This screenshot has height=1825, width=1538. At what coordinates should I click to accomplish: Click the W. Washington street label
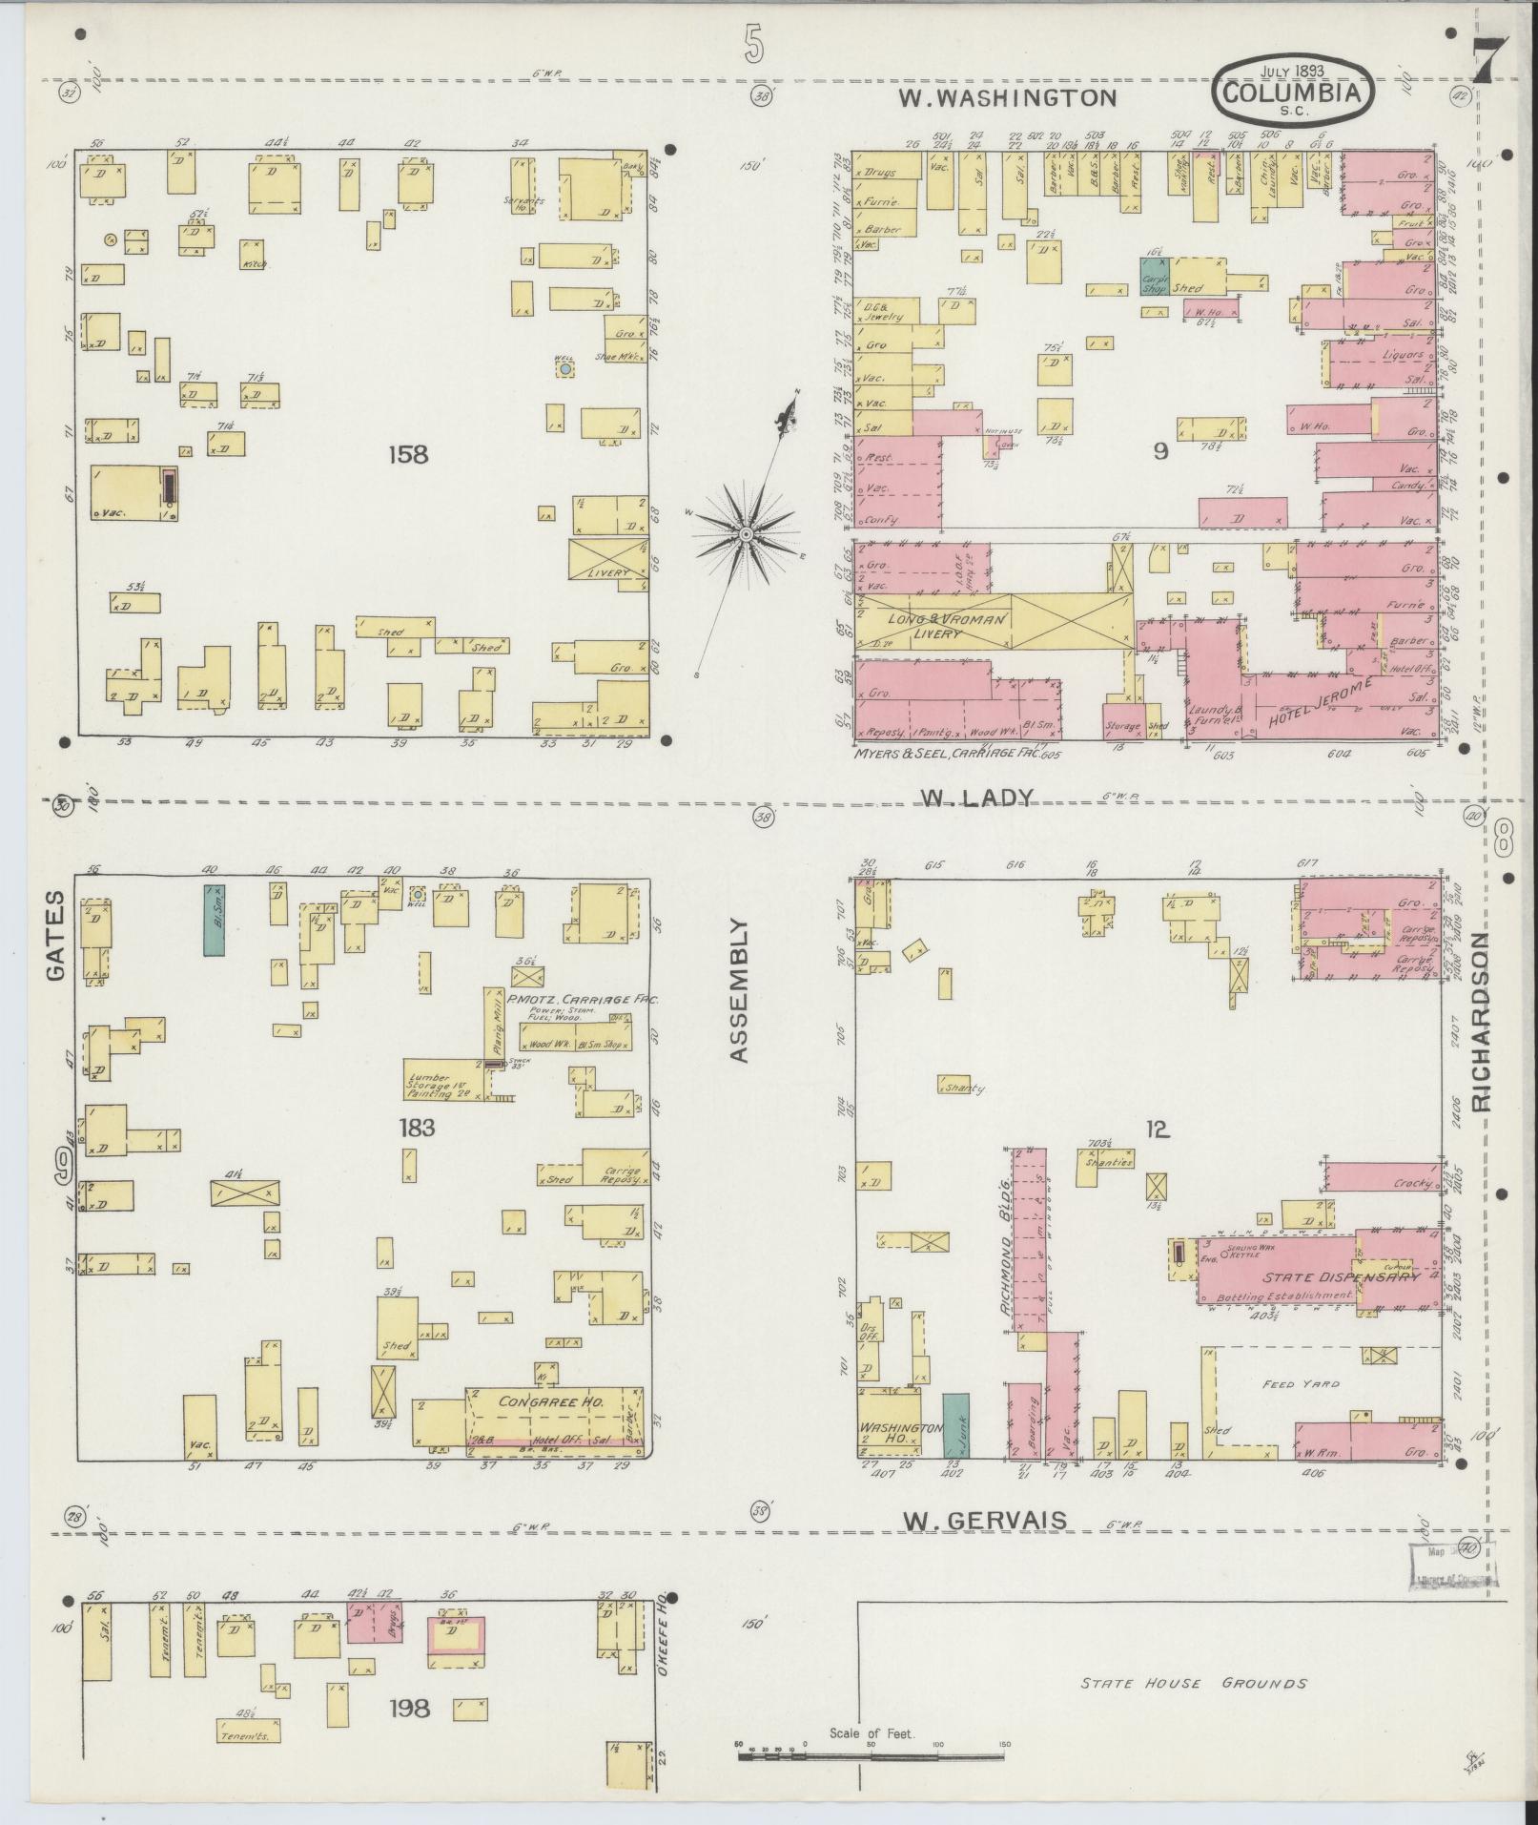tap(1009, 96)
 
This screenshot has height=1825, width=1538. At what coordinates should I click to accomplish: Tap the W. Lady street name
tap(976, 798)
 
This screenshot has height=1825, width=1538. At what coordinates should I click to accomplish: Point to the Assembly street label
tap(740, 990)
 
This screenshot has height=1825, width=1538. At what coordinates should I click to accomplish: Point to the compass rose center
tap(746, 531)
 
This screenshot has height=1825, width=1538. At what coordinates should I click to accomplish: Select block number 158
tap(407, 455)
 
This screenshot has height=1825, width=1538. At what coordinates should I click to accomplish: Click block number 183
tap(417, 1129)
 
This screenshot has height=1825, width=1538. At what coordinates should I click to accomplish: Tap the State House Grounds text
tap(1193, 1684)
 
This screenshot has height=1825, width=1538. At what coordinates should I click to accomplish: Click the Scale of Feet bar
tap(872, 1745)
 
